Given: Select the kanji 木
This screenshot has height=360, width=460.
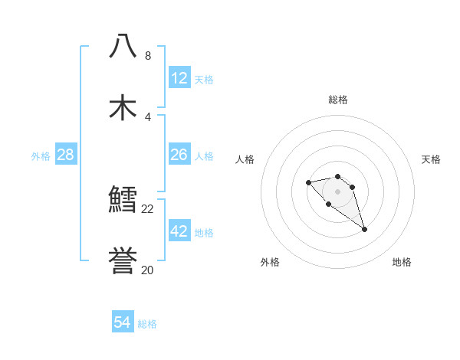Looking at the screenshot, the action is tap(123, 108).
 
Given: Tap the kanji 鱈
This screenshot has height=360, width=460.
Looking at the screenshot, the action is tap(123, 201).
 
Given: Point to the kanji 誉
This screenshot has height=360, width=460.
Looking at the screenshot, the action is tap(123, 260).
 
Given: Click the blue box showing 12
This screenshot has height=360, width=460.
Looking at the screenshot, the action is tap(179, 78).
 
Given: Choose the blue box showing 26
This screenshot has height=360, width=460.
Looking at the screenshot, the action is tap(179, 155).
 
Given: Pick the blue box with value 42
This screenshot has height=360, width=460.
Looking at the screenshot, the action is tap(179, 231).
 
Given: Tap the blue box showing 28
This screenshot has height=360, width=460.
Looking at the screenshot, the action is tap(66, 155).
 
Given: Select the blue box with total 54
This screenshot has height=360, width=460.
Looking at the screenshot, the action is tap(123, 323).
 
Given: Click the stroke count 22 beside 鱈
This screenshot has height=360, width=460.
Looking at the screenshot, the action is tap(148, 208).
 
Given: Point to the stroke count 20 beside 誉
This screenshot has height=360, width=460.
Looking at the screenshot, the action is tap(148, 270).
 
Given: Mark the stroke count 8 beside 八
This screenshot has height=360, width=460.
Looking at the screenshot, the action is tap(148, 56).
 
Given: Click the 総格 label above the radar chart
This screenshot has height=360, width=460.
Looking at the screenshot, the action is tap(337, 100).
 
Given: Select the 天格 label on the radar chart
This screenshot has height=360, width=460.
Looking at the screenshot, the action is tap(431, 159).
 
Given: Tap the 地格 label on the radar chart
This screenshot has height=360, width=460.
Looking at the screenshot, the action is tap(402, 262).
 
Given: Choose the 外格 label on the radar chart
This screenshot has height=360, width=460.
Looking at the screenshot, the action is tap(270, 262).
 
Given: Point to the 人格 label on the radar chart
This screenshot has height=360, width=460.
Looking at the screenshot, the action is tap(245, 159).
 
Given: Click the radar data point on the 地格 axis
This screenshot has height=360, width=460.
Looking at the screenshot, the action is tap(364, 229).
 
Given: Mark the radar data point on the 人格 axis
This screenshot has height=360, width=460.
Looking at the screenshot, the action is tap(308, 182).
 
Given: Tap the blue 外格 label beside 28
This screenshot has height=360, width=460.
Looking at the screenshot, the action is tap(41, 156).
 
